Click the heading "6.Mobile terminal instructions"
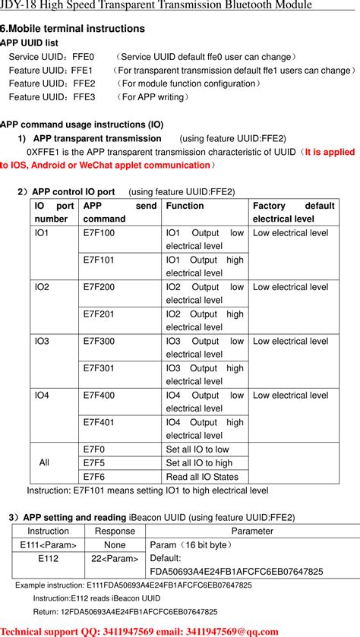72,28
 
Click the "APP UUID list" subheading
30,43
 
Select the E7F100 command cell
99,233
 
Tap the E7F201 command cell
99,314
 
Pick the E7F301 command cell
99,368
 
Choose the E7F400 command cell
99,396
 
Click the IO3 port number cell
42,342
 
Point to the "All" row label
44,462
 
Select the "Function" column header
185,206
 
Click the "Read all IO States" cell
202,477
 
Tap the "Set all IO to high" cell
199,463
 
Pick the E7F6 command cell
94,477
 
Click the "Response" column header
115,531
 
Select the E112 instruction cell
48,559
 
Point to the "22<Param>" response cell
115,559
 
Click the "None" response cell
115,545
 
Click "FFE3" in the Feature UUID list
84,97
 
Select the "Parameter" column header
252,531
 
